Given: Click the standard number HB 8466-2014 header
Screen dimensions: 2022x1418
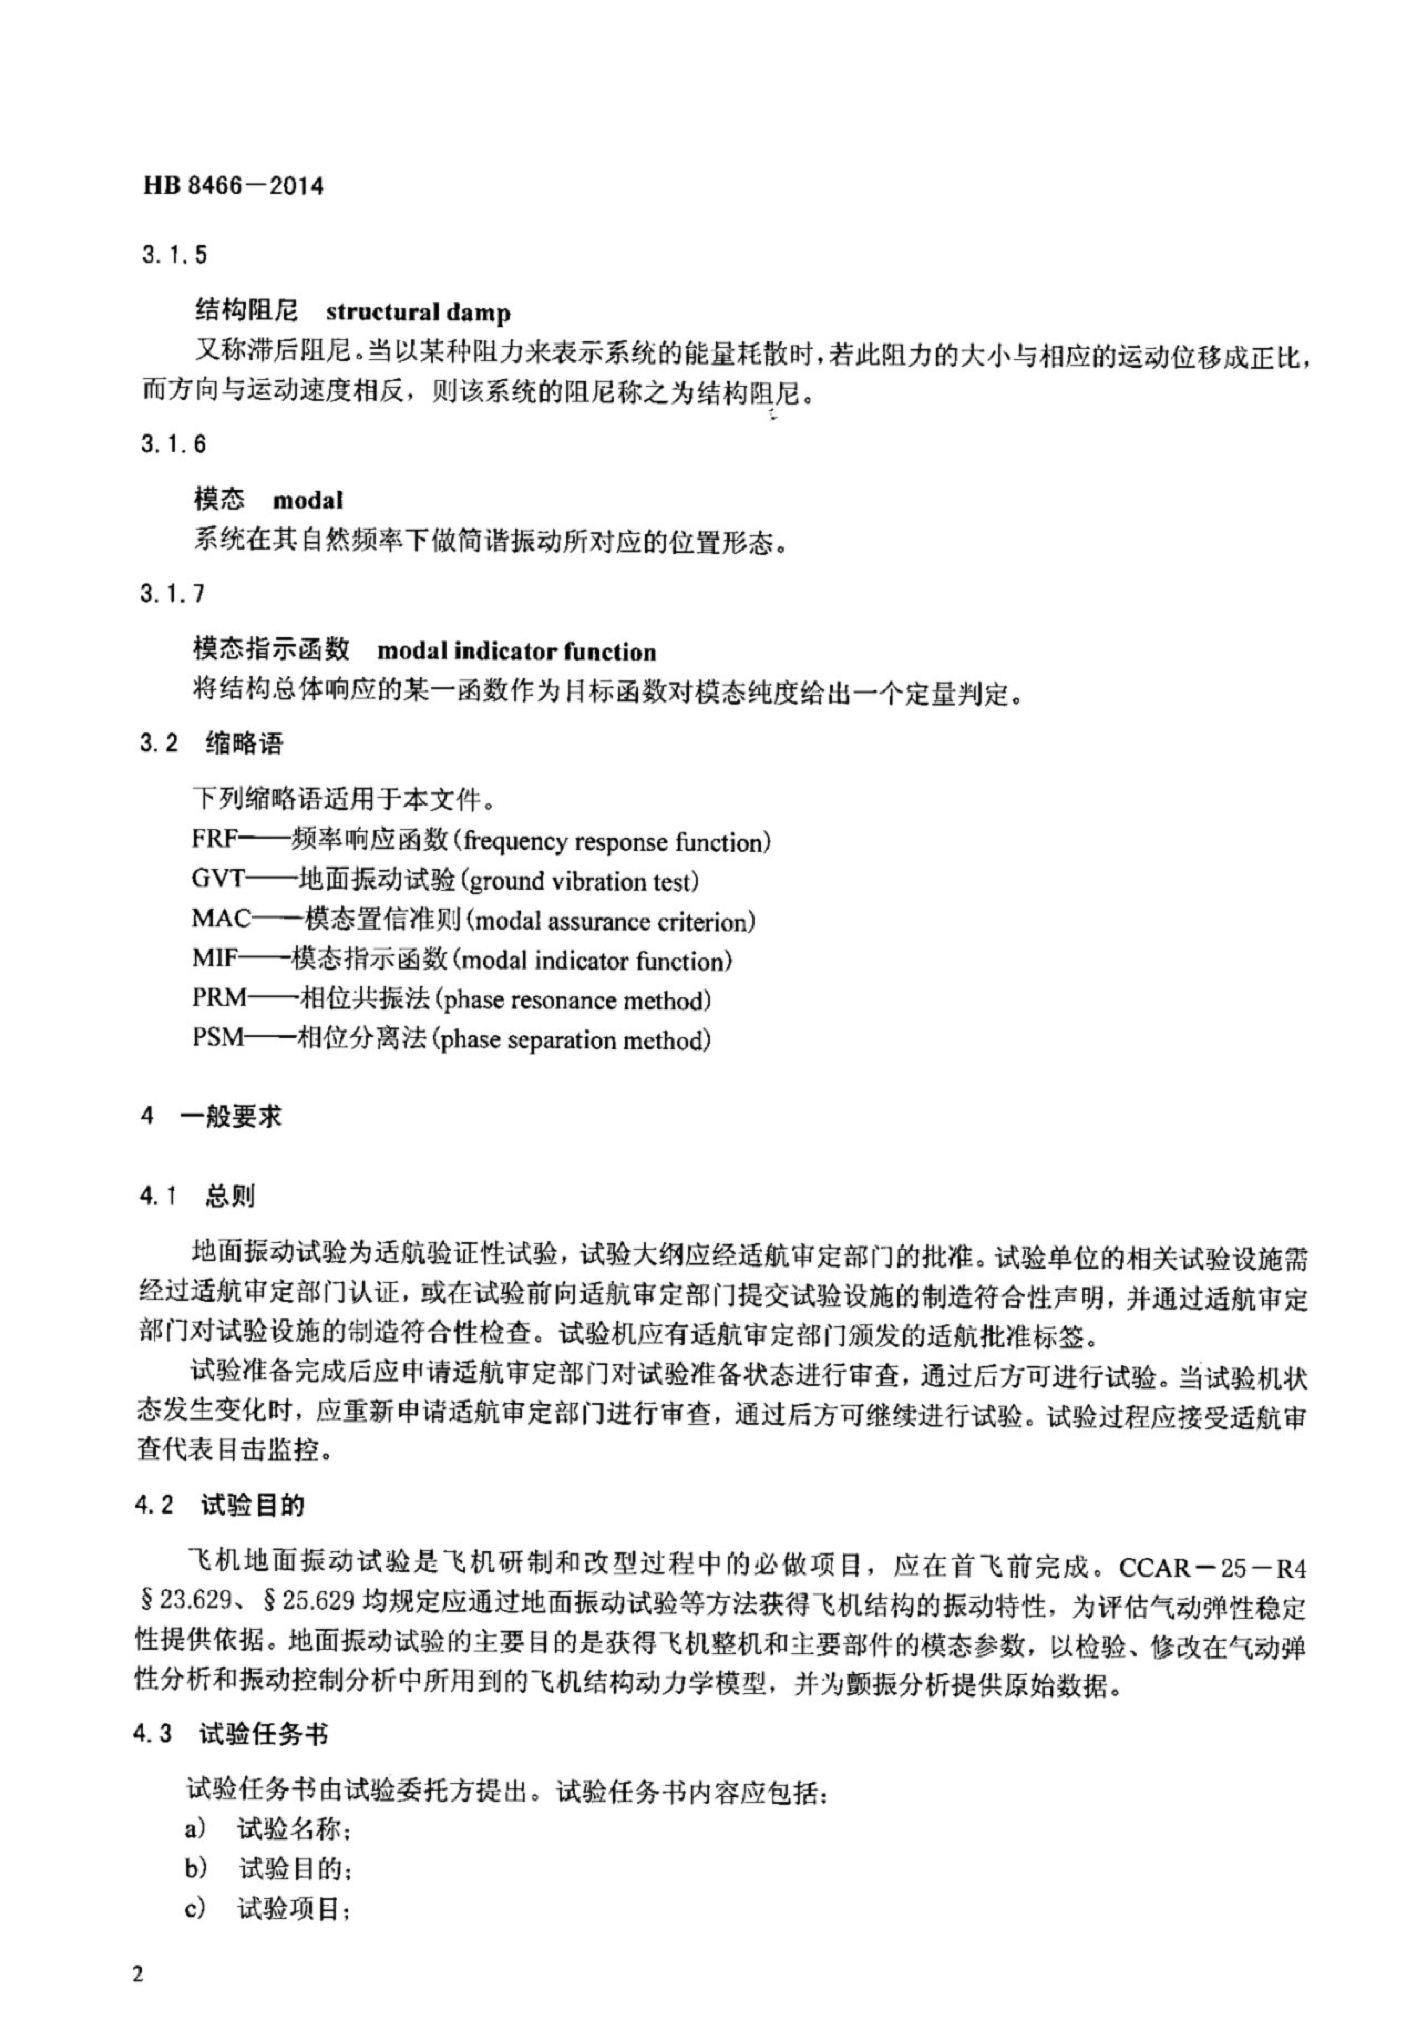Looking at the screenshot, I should pyautogui.click(x=232, y=186).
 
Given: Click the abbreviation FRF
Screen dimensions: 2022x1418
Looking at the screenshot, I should pyautogui.click(x=216, y=839).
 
